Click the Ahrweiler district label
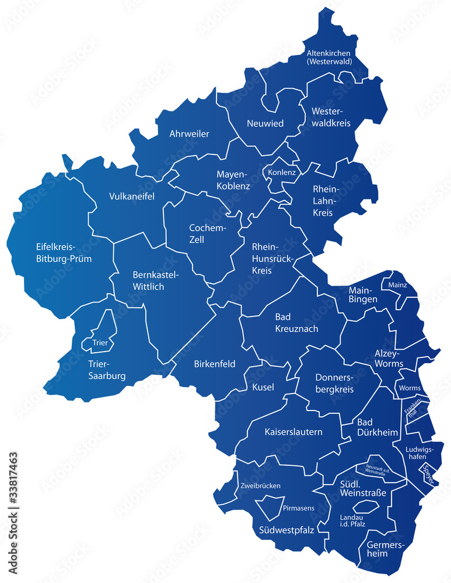(x=189, y=134)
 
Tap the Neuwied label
(x=265, y=123)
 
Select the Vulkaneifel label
(x=132, y=196)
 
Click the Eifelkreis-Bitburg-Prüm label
(x=64, y=252)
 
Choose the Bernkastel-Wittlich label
(x=156, y=281)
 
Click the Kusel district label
(x=263, y=387)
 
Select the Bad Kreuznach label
(x=296, y=323)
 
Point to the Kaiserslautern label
(x=293, y=432)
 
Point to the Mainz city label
(x=394, y=285)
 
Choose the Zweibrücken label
(x=260, y=486)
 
